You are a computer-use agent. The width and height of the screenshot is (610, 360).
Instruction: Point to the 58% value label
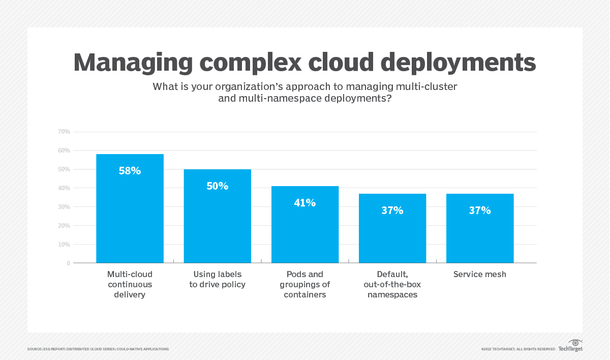130,171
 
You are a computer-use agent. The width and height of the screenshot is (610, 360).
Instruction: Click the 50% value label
218,186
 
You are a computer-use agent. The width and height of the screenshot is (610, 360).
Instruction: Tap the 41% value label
305,203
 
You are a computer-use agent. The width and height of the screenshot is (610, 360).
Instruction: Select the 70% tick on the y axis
64,132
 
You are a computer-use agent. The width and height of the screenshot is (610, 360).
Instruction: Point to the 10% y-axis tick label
64,245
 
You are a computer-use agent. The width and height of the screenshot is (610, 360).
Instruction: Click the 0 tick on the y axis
68,263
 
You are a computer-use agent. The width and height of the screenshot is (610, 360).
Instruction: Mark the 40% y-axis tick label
64,188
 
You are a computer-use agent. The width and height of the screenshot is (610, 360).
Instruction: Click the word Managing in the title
133,63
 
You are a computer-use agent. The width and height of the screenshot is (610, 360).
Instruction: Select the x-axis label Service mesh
480,275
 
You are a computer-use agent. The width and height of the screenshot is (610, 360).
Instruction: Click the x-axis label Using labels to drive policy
218,280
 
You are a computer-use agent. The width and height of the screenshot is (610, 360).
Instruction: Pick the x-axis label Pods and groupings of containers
305,284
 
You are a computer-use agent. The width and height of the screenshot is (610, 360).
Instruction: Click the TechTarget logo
570,346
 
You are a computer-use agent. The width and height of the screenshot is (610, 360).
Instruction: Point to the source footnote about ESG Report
98,349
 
